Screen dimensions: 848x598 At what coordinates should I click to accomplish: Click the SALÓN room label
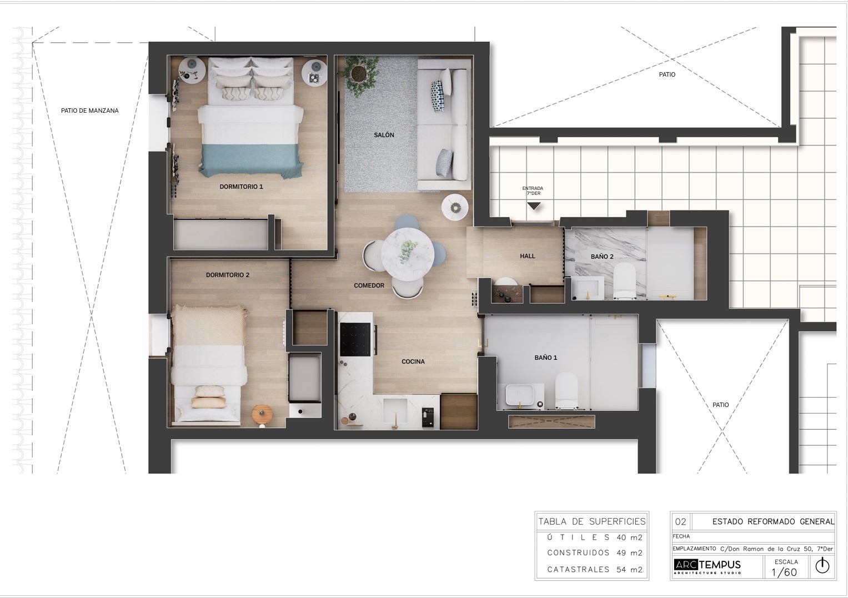coord(384,135)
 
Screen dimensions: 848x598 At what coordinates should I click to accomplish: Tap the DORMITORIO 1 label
coord(241,187)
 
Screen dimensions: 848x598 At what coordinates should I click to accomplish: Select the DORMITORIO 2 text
coord(228,275)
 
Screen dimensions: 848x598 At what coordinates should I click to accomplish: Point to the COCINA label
coord(413,361)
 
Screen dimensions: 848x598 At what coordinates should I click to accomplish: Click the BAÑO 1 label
coord(545,358)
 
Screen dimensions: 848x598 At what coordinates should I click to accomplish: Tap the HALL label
coord(528,256)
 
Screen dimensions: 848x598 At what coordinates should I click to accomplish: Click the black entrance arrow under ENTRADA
coord(534,206)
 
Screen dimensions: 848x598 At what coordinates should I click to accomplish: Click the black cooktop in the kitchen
coord(355,339)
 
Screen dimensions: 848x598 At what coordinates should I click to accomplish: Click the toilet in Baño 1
coord(566,390)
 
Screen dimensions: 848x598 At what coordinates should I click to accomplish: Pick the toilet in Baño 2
coord(624,280)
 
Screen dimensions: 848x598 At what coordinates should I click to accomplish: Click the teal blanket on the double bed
coord(252,160)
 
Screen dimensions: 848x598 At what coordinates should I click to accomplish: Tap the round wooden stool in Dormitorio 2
coord(262,414)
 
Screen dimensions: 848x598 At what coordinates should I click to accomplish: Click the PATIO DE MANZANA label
coord(90,111)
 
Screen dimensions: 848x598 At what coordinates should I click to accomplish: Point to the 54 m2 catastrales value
coord(632,569)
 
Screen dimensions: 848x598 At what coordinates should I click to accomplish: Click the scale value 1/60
coord(784,572)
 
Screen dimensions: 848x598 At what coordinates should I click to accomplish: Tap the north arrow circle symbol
coord(822,566)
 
